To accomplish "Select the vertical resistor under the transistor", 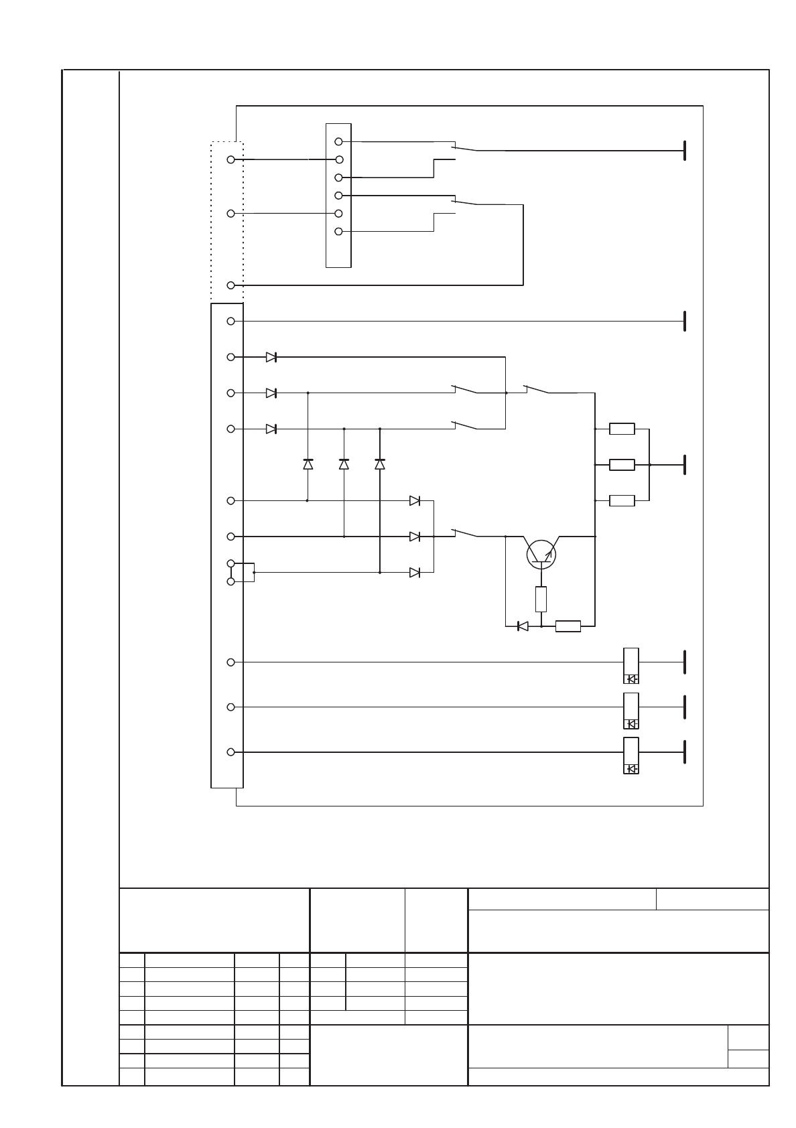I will [x=541, y=599].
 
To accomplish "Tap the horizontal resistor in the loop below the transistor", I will [x=568, y=626].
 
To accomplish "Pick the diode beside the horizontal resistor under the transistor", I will [x=523, y=626].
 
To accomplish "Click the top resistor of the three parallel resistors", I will [x=622, y=429].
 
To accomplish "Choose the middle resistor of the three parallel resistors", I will [x=622, y=465].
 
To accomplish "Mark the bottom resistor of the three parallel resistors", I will [x=622, y=500].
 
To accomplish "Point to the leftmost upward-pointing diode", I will [x=308, y=464].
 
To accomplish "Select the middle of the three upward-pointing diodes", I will [x=344, y=464].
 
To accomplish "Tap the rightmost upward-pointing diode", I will [x=380, y=464].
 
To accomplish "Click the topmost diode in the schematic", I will [x=271, y=357].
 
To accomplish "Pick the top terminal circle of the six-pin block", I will [x=338, y=141].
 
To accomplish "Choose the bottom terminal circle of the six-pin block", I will [x=338, y=231].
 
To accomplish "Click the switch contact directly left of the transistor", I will [x=464, y=533].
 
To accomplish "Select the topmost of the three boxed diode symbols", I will [x=631, y=679].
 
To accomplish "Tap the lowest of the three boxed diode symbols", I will [x=631, y=768].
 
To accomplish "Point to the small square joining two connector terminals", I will [x=247, y=573].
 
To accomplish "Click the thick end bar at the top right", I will [x=684, y=151].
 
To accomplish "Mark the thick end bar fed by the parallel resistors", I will [x=684, y=464].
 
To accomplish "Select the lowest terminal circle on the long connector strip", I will [x=230, y=752].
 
